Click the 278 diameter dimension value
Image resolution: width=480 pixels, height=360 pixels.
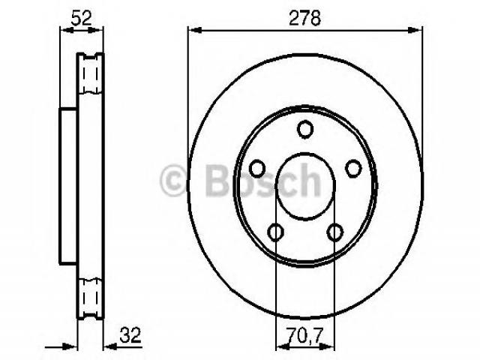click(305, 18)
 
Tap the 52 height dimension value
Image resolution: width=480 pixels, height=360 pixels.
click(81, 18)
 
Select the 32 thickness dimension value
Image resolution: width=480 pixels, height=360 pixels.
click(130, 335)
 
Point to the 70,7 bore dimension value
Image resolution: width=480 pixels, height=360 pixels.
click(305, 335)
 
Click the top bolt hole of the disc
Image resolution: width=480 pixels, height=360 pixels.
click(305, 129)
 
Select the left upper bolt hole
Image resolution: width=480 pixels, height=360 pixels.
click(257, 168)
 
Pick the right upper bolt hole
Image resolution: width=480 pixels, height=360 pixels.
click(353, 168)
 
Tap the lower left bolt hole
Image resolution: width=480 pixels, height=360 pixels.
click(275, 232)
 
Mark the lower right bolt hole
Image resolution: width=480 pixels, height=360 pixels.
click(335, 232)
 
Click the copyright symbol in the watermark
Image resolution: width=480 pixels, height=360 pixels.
click(173, 180)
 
